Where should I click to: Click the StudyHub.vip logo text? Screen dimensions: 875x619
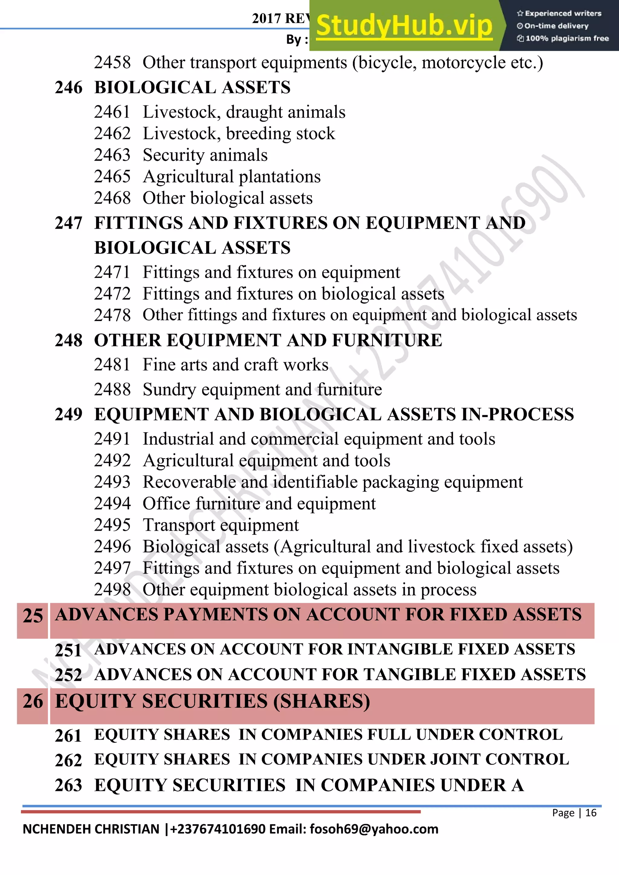tap(404, 26)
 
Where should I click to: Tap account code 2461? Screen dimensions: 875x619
tap(112, 112)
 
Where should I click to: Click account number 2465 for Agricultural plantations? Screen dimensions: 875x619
tap(112, 177)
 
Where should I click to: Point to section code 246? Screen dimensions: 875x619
tap(68, 87)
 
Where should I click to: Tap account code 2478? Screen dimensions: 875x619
tap(112, 315)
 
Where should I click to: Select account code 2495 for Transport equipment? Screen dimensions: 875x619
tap(112, 525)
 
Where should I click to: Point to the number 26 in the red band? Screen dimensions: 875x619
tap(33, 702)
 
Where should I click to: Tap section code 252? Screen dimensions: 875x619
tap(68, 675)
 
